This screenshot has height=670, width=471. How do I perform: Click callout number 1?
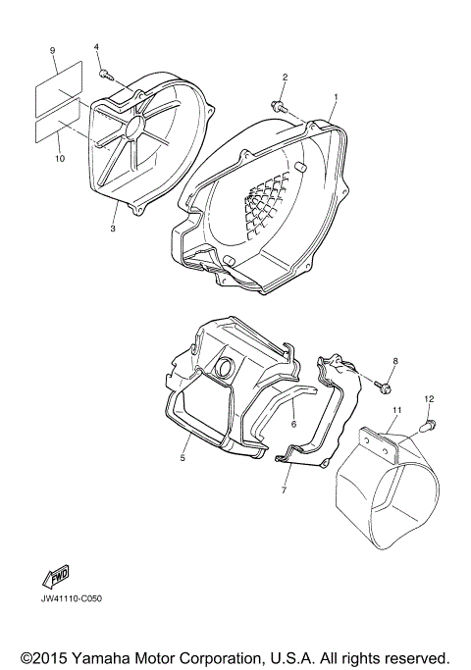pos(335,97)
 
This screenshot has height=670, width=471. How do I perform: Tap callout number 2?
pos(286,77)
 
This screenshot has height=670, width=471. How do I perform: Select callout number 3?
pos(113,229)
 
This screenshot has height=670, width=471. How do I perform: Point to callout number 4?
pos(97,47)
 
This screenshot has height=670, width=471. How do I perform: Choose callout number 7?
pos(286,489)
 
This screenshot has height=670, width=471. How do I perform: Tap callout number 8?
pos(395,361)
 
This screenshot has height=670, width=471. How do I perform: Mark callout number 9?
pos(52,50)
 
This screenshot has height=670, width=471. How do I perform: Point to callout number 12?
pos(428,398)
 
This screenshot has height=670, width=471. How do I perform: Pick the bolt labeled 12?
pos(430,424)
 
